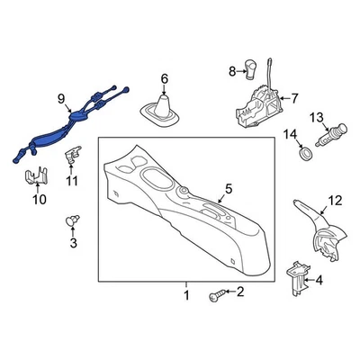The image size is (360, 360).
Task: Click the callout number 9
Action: tap(61, 99)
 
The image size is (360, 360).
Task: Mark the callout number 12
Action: tap(335, 201)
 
